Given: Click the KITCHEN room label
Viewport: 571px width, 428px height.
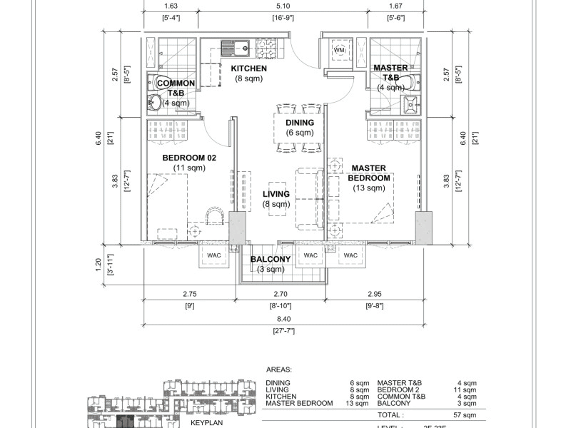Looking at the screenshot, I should pos(248,68).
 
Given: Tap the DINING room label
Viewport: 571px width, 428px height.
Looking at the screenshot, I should pos(300,122).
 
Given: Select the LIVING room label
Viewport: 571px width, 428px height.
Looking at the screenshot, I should pos(276,194).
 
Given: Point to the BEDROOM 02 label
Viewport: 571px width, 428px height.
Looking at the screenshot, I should pos(189,158).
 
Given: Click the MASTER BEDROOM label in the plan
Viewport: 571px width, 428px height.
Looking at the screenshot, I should pos(370,173).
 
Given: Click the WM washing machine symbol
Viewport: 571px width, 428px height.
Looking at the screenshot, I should pos(338,51).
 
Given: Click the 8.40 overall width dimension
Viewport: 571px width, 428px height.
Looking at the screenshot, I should pos(285,321).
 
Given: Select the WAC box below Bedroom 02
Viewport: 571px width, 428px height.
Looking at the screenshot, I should pos(214,255).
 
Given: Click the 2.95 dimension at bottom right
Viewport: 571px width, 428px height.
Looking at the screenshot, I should pos(375,293).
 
